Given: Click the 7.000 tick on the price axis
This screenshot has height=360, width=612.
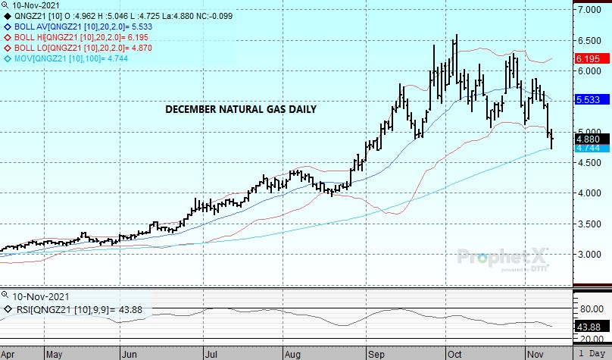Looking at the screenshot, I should click(590, 10).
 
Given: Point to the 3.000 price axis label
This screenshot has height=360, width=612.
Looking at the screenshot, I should click(590, 255).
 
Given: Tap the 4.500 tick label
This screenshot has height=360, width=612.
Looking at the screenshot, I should click(590, 162).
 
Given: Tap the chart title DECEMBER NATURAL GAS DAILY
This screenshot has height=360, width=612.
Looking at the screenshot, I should click(241, 109).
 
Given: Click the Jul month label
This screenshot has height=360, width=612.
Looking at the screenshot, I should click(209, 354).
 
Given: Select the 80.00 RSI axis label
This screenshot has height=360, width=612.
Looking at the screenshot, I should click(590, 308).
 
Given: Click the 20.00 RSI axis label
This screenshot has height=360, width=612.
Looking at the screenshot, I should click(590, 339).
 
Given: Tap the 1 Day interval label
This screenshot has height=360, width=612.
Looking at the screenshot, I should click(592, 354).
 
